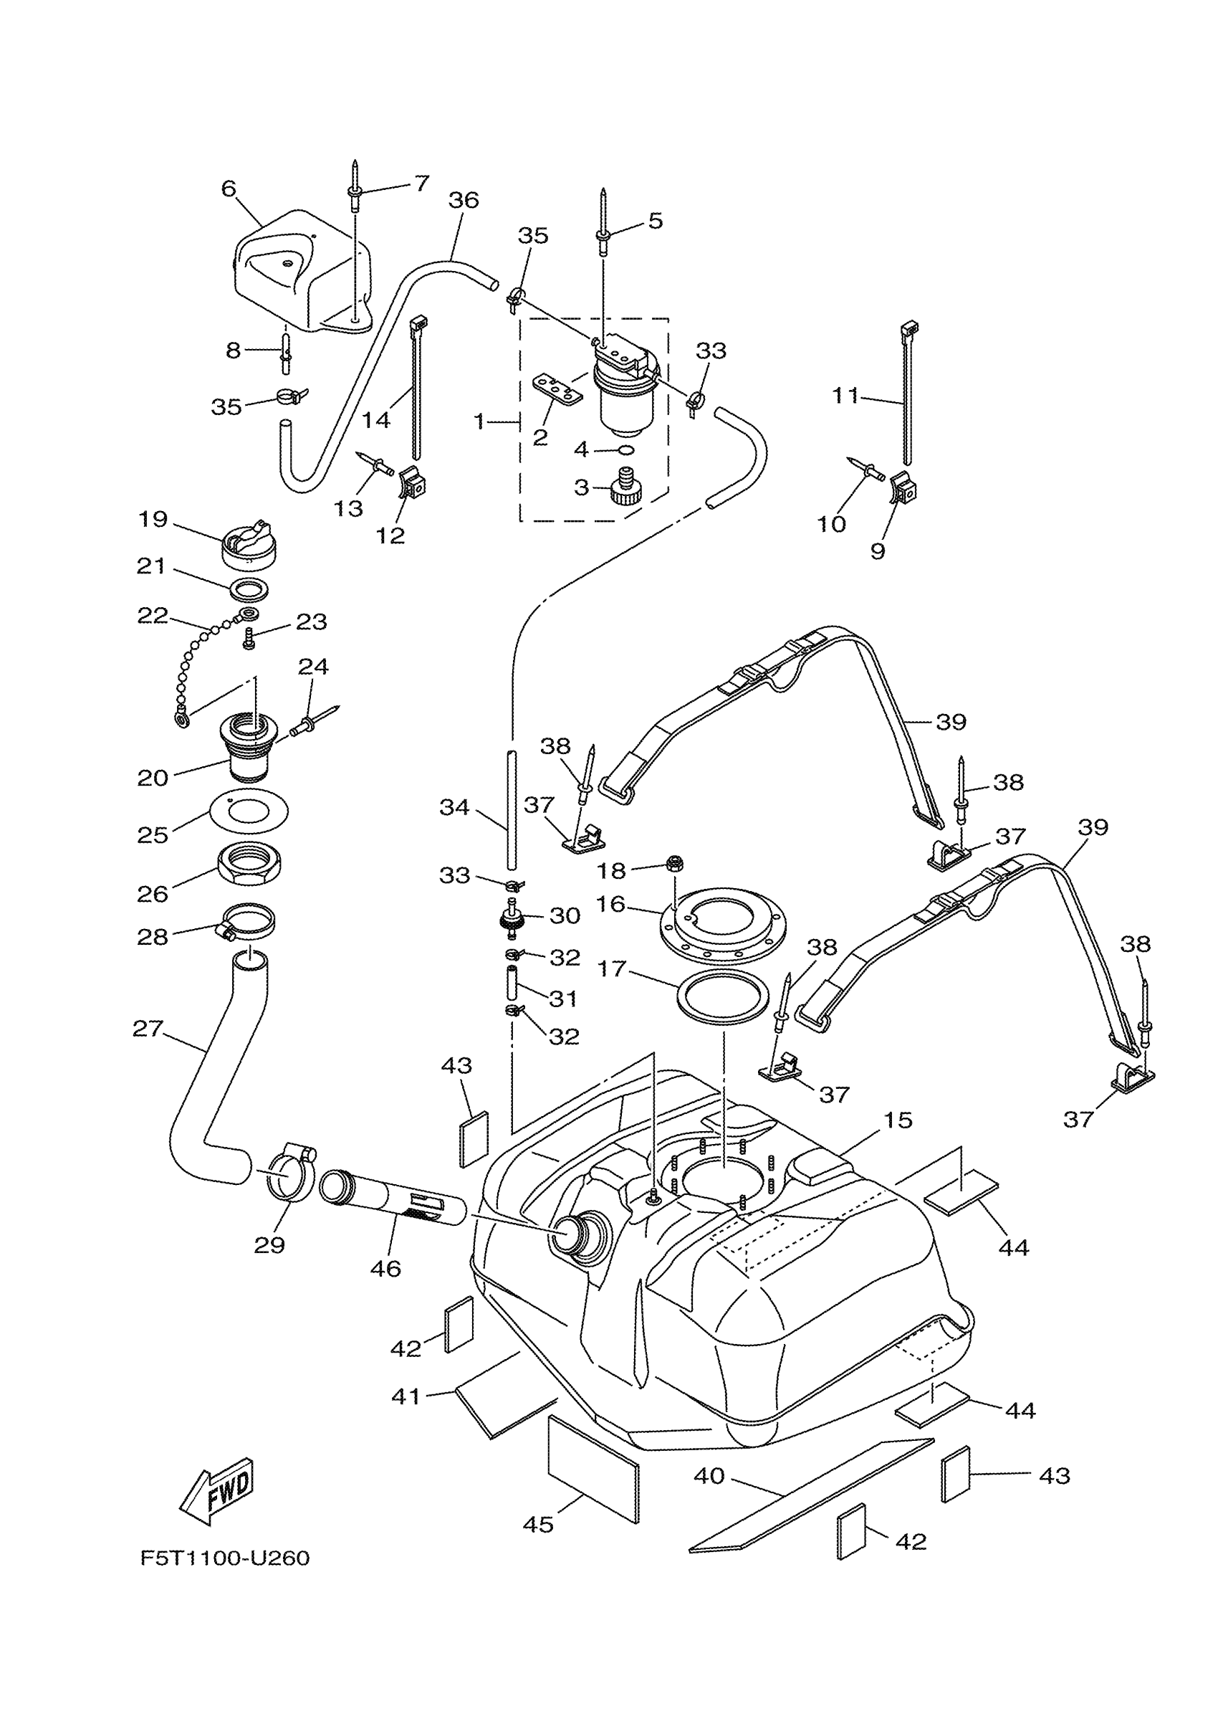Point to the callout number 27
pyautogui.click(x=148, y=1028)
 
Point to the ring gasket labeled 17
pyautogui.click(x=724, y=998)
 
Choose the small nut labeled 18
pyautogui.click(x=674, y=863)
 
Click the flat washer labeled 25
pyautogui.click(x=249, y=811)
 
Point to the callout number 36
pyautogui.click(x=464, y=201)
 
